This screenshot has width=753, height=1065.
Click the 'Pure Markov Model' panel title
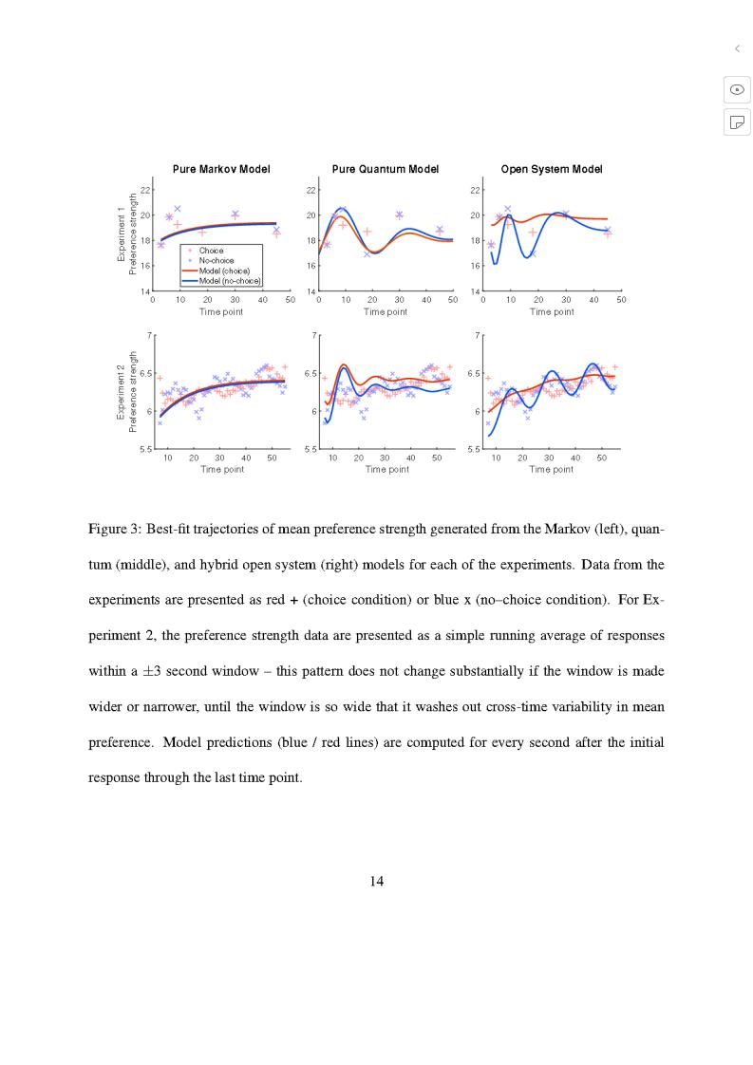pos(221,169)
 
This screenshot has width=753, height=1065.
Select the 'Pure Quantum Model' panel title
pos(386,169)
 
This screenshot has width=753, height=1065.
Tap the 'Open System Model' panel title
pos(552,169)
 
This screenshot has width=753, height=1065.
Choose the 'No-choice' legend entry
pos(216,260)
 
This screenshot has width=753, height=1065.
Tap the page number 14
pos(376,881)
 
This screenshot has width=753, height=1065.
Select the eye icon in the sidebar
pos(737,89)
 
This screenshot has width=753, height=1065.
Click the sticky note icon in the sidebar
pos(737,121)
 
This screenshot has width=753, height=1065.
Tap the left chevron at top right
pos(737,48)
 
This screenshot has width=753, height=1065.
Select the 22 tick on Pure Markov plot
pos(144,190)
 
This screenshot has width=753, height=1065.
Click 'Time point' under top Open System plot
pos(552,311)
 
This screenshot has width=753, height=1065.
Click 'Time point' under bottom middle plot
pos(386,469)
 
